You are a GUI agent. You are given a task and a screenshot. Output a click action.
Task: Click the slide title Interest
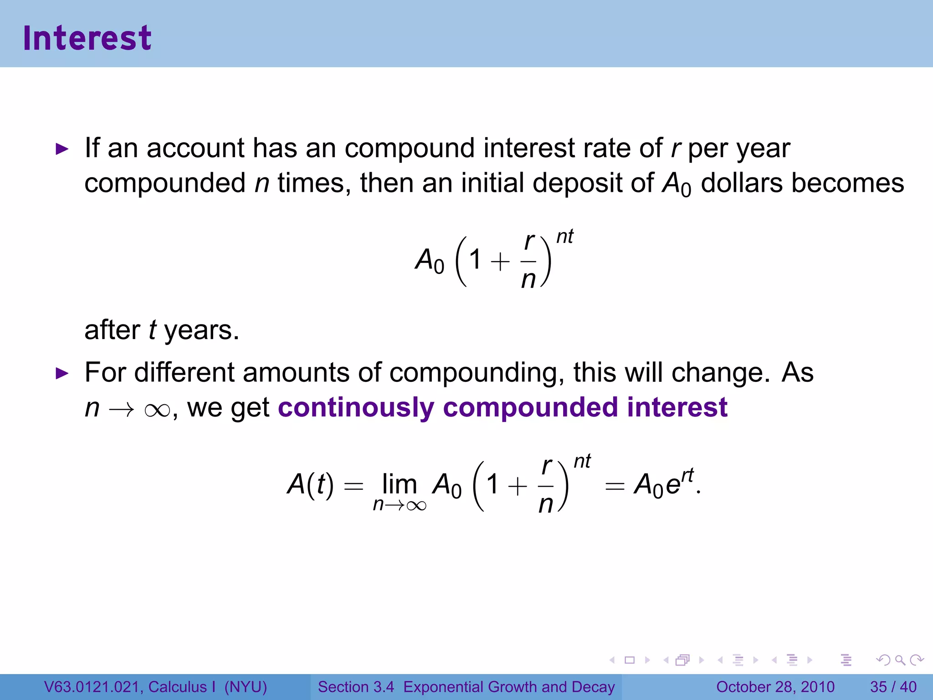pyautogui.click(x=87, y=38)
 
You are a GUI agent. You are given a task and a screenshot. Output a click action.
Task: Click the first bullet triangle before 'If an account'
pyautogui.click(x=62, y=149)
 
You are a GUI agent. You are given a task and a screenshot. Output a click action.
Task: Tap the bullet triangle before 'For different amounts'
pyautogui.click(x=62, y=374)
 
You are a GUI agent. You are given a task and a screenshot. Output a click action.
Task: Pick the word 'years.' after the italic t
pyautogui.click(x=201, y=330)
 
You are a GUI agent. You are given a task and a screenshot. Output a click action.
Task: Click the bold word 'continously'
pyautogui.click(x=356, y=407)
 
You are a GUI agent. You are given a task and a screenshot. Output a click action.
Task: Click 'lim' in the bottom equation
pyautogui.click(x=400, y=484)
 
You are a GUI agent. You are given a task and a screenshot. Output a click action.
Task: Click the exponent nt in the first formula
pyautogui.click(x=565, y=237)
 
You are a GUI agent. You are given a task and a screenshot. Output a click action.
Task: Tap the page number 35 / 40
pyautogui.click(x=893, y=687)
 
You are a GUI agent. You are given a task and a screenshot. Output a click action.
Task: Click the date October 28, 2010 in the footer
pyautogui.click(x=775, y=687)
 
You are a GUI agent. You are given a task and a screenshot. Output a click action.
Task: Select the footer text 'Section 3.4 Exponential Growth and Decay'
pyautogui.click(x=466, y=687)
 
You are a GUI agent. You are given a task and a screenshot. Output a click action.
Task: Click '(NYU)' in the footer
pyautogui.click(x=246, y=687)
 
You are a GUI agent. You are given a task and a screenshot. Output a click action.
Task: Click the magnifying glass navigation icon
pyautogui.click(x=900, y=660)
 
